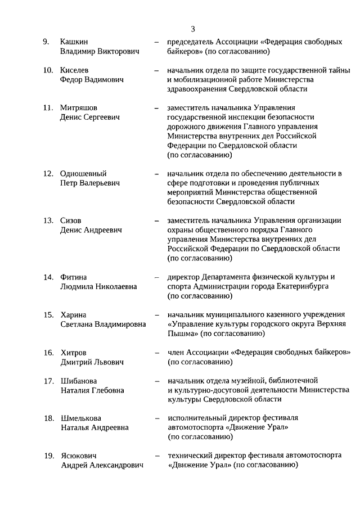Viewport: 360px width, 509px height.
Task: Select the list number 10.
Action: coord(48,70)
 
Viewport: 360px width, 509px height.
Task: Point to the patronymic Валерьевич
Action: coord(100,183)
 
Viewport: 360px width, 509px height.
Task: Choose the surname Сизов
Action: coord(71,220)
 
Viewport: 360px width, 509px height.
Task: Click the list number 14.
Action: coord(48,277)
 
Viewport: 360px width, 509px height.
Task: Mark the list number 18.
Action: coord(48,418)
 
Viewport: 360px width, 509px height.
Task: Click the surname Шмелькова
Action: coord(82,418)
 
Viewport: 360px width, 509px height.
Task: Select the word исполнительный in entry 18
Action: coord(198,418)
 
